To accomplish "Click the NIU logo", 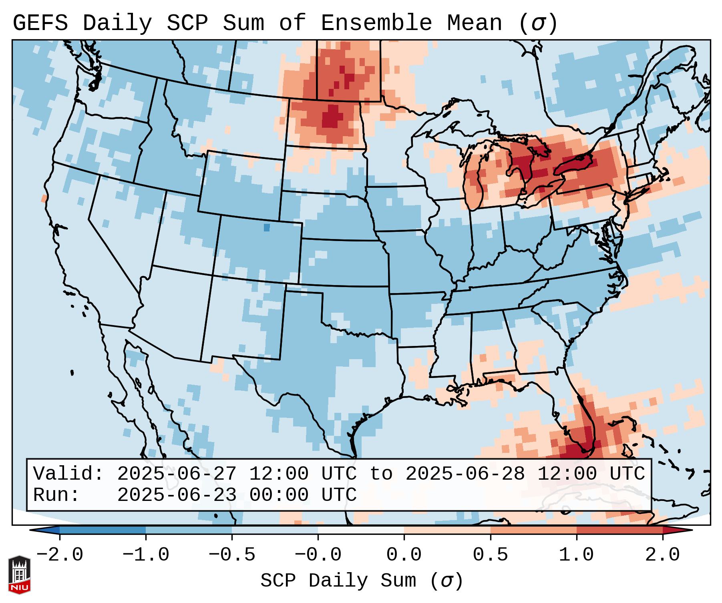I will (19, 574).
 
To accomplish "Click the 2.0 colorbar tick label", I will (662, 555).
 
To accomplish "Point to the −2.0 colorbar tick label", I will (60, 555).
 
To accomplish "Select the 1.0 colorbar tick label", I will (576, 555).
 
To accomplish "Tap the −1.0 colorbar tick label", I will (146, 555).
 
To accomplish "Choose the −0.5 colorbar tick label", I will (232, 555).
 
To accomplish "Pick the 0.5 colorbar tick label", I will (490, 555).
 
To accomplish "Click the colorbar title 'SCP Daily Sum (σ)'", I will (362, 581).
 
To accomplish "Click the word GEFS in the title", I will (40, 23).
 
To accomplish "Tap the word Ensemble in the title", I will (376, 23).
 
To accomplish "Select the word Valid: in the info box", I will (68, 474).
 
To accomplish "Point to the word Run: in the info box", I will (56, 495).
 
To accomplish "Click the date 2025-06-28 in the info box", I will (465, 474).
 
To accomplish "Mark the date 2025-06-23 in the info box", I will (177, 495).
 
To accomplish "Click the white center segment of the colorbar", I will (361, 530).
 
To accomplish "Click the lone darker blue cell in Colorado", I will (267, 227).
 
